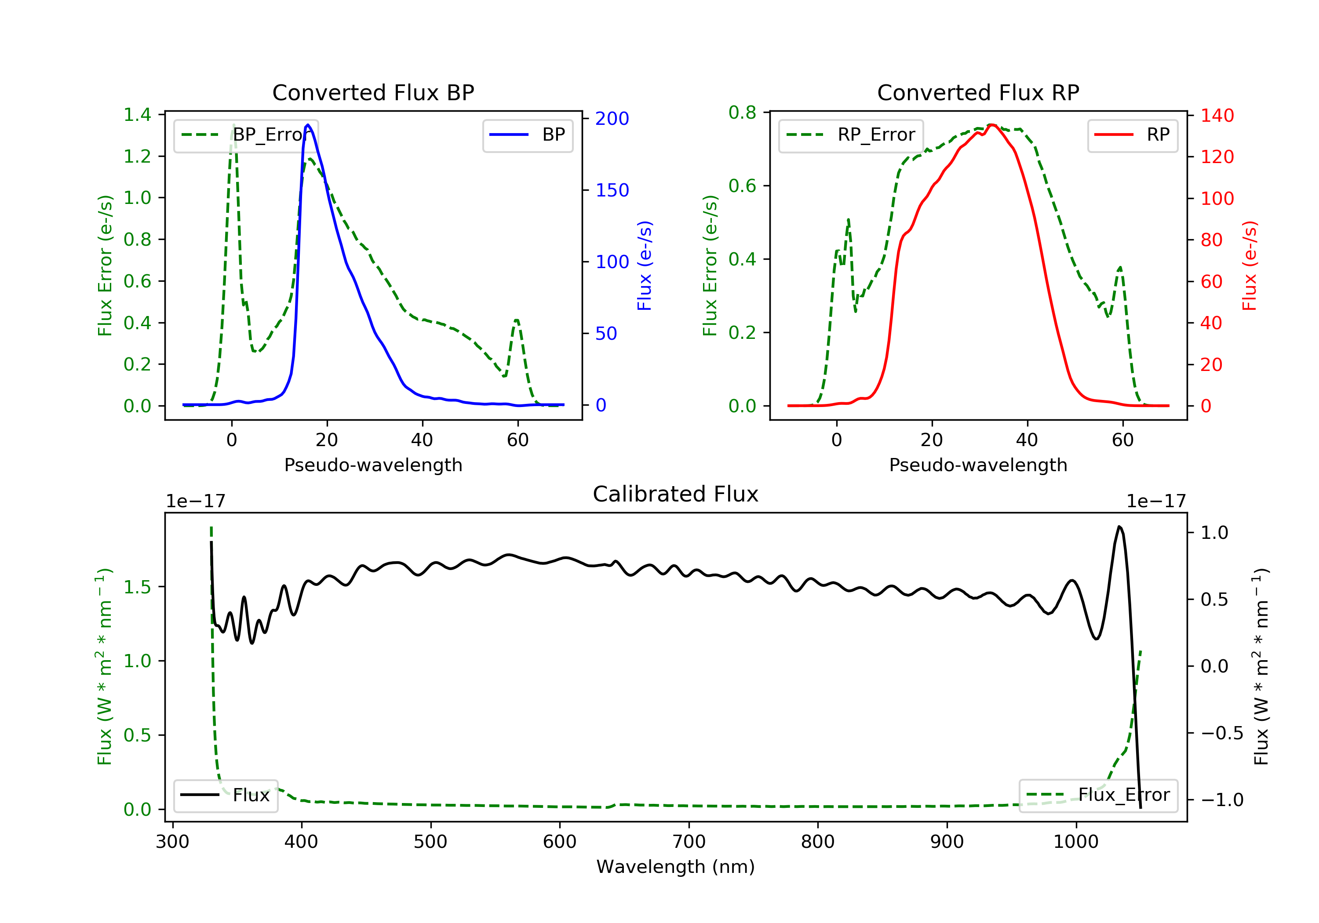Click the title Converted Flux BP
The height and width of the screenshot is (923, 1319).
[x=373, y=92]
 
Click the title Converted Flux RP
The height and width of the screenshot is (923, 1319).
[x=978, y=92]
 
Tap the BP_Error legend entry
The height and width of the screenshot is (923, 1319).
[x=246, y=135]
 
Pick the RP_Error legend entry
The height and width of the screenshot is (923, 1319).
[x=851, y=135]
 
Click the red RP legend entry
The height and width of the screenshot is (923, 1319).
[x=1132, y=135]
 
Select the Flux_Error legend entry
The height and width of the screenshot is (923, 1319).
[x=1098, y=795]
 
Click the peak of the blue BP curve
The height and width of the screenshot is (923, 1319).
[x=308, y=125]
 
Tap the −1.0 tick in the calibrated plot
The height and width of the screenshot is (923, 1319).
[x=1221, y=799]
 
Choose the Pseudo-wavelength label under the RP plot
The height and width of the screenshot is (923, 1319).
[x=978, y=465]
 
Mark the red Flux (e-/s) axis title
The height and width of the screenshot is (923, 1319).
[x=1250, y=265]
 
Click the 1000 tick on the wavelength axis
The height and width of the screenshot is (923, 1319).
[x=1075, y=842]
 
